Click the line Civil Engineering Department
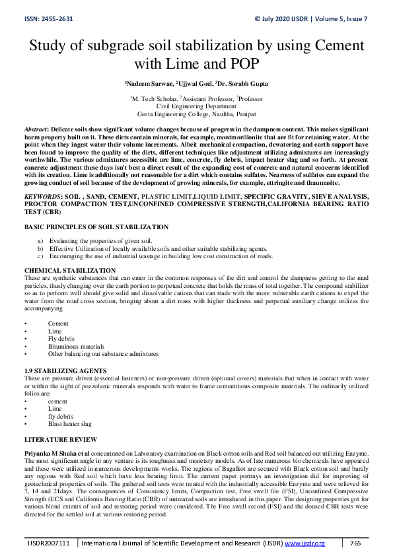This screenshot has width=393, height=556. [196, 106]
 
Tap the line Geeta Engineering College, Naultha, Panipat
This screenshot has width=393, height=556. [196, 113]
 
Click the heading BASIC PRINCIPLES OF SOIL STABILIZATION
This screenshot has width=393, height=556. [96, 226]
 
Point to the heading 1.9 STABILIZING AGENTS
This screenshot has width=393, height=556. [65, 370]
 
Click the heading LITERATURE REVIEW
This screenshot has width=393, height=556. [61, 439]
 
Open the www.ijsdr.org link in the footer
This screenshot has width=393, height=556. [304, 543]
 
